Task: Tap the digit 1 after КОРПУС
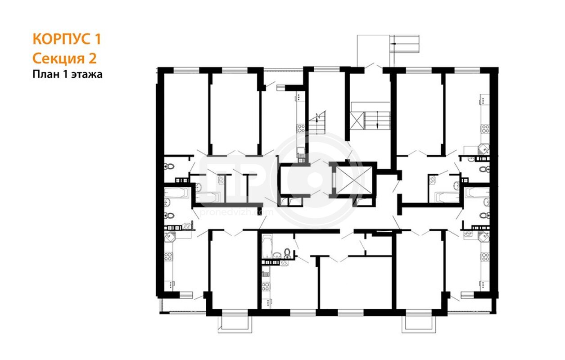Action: (98, 39)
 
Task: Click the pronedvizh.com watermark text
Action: (237, 212)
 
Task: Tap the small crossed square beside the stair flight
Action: (357, 121)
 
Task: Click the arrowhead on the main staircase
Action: (377, 125)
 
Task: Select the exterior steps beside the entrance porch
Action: (405, 44)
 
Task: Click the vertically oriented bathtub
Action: (267, 247)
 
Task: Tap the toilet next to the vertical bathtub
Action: (287, 253)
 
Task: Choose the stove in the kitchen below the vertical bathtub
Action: (265, 287)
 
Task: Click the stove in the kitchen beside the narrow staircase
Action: (301, 129)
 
